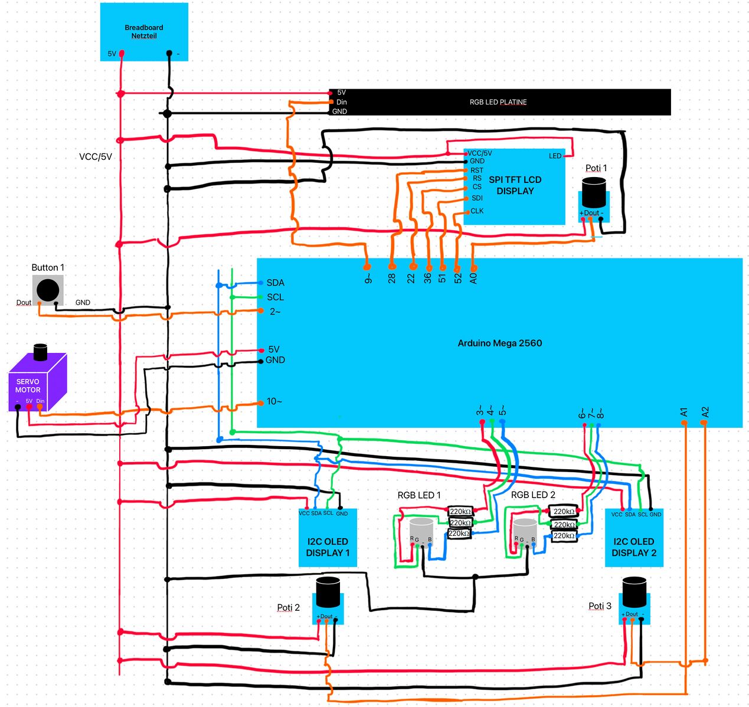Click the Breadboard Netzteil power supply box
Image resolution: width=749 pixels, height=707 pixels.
tap(144, 32)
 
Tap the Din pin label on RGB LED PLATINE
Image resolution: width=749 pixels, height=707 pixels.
tap(342, 102)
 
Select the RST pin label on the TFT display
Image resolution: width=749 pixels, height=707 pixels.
tap(476, 170)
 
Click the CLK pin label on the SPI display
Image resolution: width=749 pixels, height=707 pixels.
tap(477, 211)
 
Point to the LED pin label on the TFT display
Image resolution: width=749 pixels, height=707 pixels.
tap(555, 156)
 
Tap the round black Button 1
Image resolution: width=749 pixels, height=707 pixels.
tap(48, 290)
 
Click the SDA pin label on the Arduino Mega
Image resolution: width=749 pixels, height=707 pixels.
tap(275, 283)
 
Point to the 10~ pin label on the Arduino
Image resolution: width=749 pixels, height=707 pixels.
tap(274, 401)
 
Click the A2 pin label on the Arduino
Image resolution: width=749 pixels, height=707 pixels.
tap(705, 412)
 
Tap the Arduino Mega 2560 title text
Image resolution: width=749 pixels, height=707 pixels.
tap(499, 343)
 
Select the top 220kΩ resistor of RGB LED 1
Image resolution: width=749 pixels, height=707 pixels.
tap(460, 512)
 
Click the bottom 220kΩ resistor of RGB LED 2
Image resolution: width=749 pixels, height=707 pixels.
tap(564, 536)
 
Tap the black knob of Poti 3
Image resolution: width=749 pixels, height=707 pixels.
tap(634, 591)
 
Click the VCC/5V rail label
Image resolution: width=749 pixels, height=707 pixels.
tap(96, 157)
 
